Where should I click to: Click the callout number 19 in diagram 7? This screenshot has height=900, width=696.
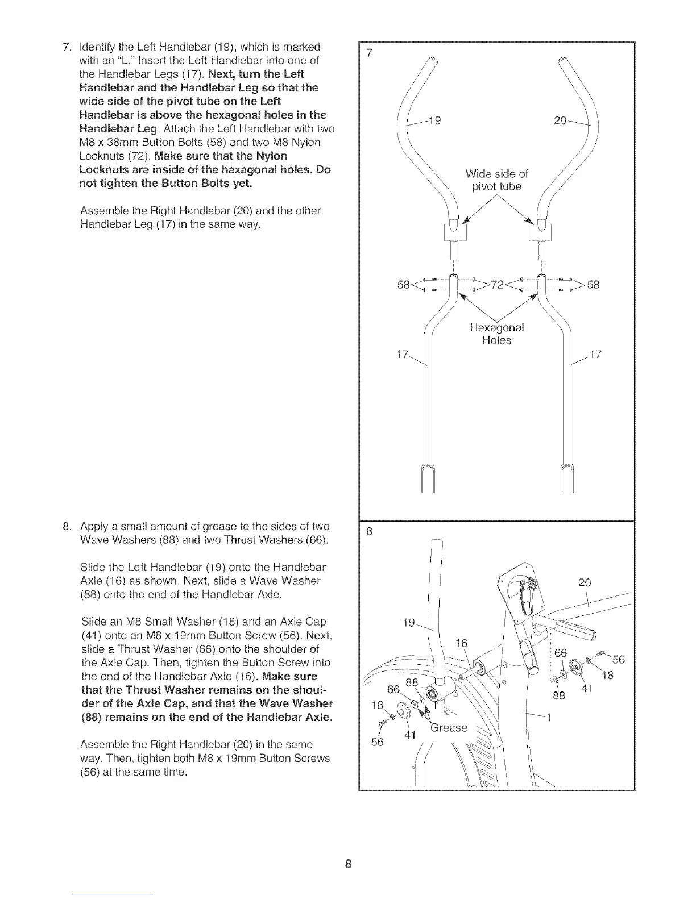pos(436,120)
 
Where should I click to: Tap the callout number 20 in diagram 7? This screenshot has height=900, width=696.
pos(561,120)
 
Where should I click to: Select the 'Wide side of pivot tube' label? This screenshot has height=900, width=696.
pos(496,180)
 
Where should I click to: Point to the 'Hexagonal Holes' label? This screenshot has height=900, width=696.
pos(496,334)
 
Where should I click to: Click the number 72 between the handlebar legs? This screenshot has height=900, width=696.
pos(498,285)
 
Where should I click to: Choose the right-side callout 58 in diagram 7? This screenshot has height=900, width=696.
pos(593,285)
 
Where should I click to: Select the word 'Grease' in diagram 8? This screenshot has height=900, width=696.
pos(449,728)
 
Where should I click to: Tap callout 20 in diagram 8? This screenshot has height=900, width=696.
pos(585,582)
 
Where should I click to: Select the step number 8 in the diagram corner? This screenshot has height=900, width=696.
pos(370,532)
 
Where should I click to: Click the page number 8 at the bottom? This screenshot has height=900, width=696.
pos(349,865)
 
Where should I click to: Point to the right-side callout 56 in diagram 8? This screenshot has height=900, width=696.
pos(619,660)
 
